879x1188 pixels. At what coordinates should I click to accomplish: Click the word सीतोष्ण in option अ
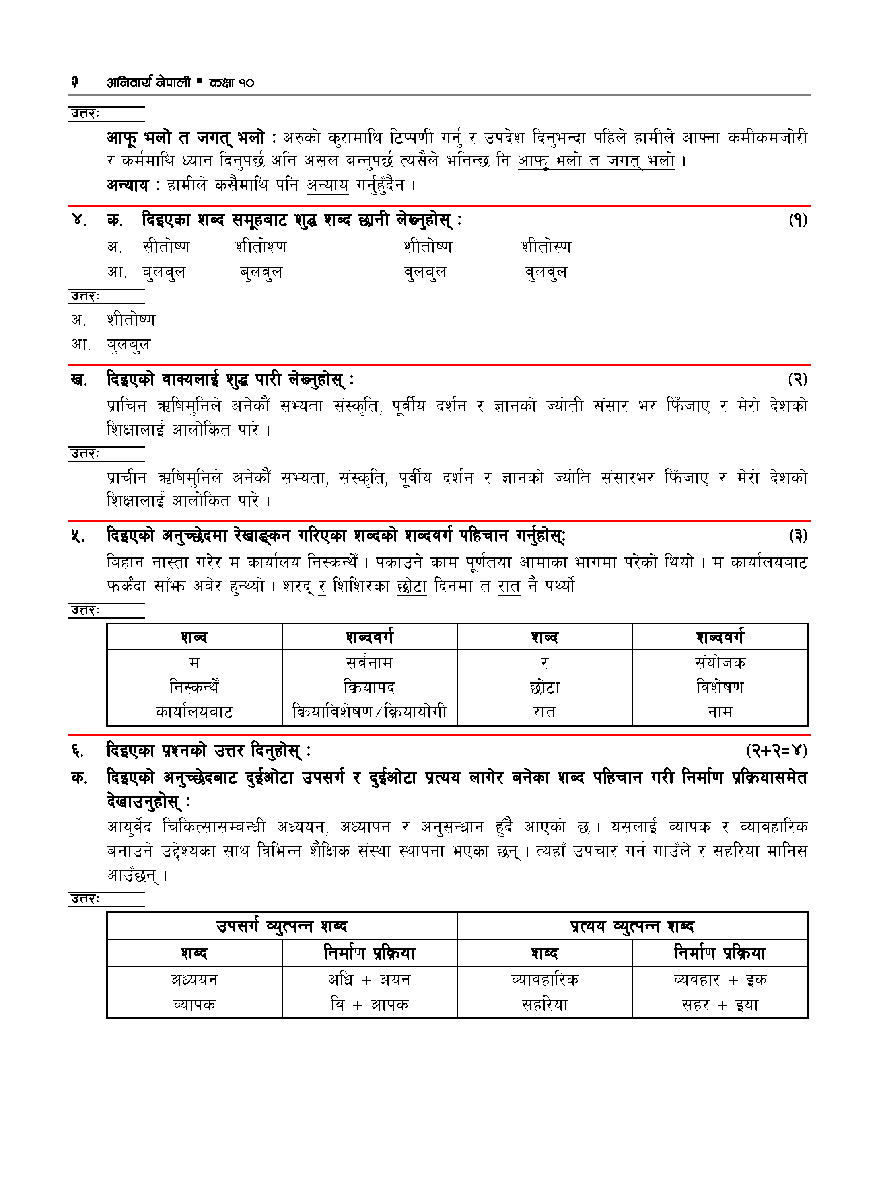166,247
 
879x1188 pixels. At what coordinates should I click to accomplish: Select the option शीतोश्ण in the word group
261,247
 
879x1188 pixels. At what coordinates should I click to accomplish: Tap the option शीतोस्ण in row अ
546,247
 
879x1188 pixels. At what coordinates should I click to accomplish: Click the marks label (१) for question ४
798,220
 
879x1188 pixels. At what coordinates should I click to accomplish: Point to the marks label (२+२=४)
776,751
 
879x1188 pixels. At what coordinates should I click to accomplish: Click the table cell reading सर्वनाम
369,663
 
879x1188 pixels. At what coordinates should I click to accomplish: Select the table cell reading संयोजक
720,663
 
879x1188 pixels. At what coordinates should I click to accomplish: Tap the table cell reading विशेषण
720,687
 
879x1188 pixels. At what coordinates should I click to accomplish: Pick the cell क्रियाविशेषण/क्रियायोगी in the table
369,711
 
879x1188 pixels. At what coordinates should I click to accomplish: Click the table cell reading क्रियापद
369,687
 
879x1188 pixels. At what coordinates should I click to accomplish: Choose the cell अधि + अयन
369,980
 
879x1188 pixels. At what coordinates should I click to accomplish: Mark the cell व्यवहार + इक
720,980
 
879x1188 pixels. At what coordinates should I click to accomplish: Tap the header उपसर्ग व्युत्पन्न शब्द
282,926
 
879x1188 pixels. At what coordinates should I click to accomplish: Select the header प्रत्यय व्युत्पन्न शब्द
632,926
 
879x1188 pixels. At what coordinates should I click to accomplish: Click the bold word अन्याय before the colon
128,185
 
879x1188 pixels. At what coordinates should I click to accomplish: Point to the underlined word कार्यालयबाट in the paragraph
769,562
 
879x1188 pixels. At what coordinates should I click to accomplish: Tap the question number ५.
78,536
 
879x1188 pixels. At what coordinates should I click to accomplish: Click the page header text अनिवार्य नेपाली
148,82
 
